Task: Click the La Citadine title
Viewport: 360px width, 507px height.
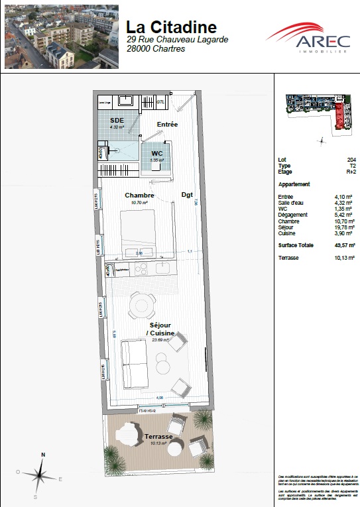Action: (171, 27)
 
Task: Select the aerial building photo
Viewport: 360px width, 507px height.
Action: (61, 36)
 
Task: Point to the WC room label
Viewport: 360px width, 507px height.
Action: (156, 153)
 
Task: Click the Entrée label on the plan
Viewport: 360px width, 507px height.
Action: (167, 125)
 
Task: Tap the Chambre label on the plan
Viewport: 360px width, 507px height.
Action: (139, 196)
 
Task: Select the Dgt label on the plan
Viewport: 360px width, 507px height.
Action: (187, 196)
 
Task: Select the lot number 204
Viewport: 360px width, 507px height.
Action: (351, 160)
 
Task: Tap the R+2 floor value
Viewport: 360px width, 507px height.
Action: (351, 172)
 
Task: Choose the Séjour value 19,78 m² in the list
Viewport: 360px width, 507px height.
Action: (346, 227)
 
